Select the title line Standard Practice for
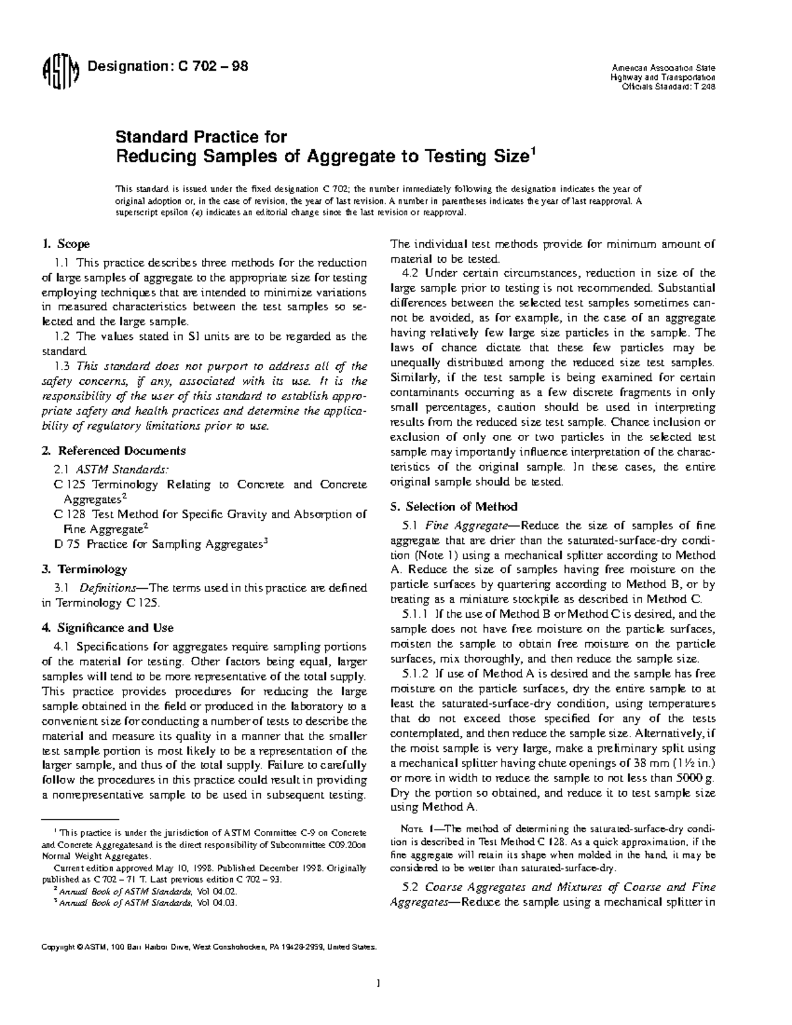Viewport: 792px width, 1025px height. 201,137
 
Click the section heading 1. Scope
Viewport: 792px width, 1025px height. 65,244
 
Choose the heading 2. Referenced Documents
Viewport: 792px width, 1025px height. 113,451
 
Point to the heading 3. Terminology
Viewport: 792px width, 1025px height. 84,569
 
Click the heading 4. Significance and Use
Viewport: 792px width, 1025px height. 107,628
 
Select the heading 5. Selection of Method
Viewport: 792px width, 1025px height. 453,507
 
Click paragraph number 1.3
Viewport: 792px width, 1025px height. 63,366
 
